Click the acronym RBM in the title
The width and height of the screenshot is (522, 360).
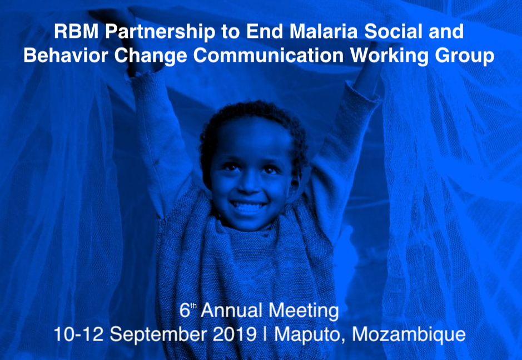point(76,31)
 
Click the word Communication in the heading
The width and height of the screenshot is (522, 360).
point(269,55)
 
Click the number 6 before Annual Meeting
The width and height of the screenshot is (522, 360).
point(185,310)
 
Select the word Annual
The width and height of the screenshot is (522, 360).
point(231,310)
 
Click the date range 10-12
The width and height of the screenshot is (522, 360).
point(78,334)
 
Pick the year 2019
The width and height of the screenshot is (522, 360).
point(235,334)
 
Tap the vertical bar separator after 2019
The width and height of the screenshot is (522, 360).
point(265,334)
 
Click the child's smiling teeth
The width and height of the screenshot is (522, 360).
point(248,206)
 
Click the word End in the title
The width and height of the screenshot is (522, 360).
point(265,31)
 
